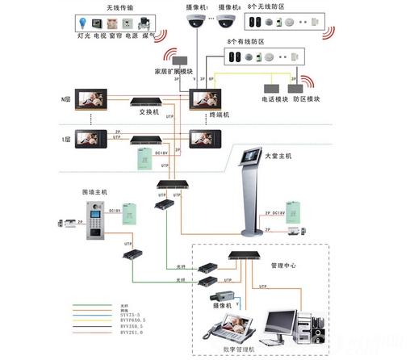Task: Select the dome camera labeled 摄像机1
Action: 195,23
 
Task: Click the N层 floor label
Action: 65,98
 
